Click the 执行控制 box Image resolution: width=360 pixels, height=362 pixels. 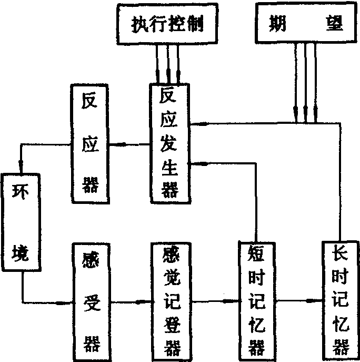(x=167, y=24)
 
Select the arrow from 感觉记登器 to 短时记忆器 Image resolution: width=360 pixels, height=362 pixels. (x=214, y=302)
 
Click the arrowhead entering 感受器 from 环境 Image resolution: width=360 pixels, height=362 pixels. (x=68, y=302)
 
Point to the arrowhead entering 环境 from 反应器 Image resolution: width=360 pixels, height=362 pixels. (x=20, y=168)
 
